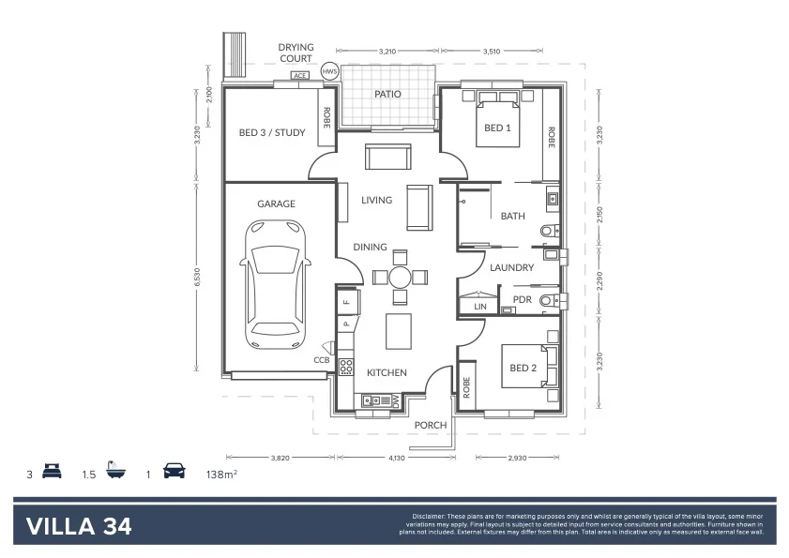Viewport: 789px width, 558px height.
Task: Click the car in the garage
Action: (x=277, y=283)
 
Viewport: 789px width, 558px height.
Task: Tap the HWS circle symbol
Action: (x=329, y=72)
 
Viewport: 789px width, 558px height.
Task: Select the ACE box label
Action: (x=300, y=76)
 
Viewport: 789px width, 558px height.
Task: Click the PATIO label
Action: (x=388, y=95)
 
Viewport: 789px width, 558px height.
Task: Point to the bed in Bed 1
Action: (x=496, y=118)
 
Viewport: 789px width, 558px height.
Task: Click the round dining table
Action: (x=400, y=277)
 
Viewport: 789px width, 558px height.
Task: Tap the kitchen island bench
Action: (x=397, y=330)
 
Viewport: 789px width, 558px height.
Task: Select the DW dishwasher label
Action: (x=396, y=400)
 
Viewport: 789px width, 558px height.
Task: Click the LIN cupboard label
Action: (x=479, y=307)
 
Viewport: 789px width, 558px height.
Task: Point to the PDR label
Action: (x=523, y=300)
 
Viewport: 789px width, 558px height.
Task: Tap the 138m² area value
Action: (x=221, y=475)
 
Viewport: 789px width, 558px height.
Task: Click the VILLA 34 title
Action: (x=79, y=525)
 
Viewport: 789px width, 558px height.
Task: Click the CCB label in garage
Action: (x=321, y=359)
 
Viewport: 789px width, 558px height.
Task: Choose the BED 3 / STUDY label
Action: (x=272, y=132)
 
